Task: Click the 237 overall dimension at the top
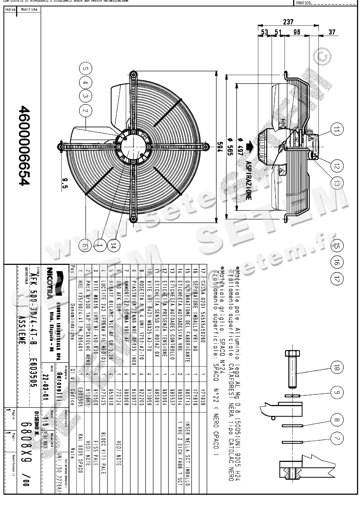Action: point(288,22)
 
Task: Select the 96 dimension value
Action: point(297,32)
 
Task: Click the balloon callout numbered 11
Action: point(336,129)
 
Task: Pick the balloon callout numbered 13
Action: point(336,184)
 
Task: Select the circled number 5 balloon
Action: point(86,68)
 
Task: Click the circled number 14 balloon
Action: point(113,246)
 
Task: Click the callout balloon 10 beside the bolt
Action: point(337,368)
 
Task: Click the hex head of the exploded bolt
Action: point(293,354)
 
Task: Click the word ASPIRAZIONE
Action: point(248,180)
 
